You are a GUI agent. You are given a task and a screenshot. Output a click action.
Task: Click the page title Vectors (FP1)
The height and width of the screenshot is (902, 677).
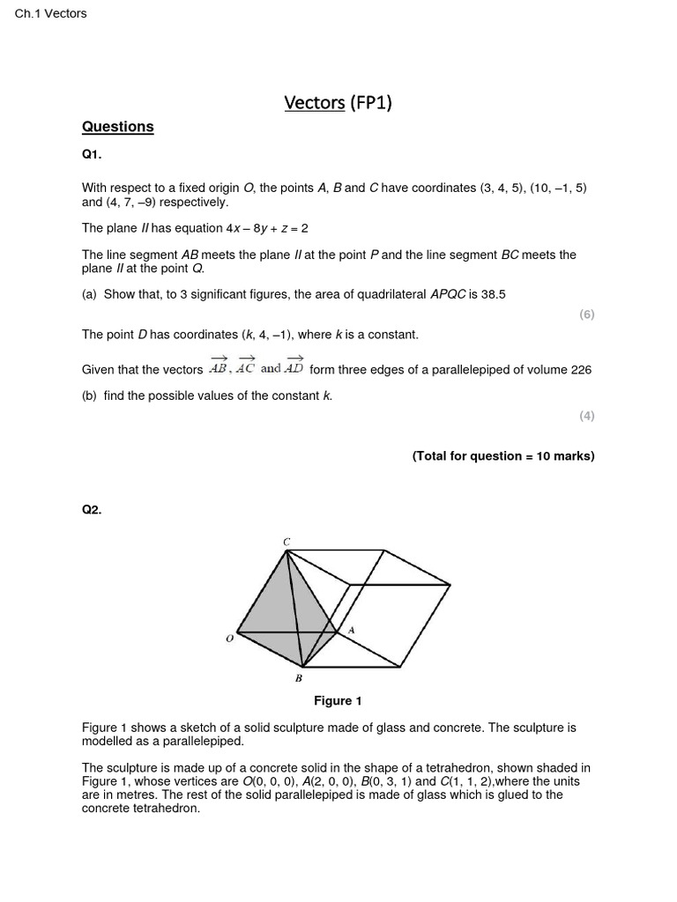point(338,103)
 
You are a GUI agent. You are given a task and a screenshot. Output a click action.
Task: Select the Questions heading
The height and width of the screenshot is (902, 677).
point(117,127)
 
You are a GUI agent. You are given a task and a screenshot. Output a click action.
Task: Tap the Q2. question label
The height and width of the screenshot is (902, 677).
point(92,509)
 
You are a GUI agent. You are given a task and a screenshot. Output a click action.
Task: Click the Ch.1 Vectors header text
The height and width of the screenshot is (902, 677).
point(51,13)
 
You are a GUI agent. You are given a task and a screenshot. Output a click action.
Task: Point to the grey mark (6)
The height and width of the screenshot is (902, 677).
point(587,314)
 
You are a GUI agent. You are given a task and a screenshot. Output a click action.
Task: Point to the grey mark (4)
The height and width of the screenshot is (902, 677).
point(587,416)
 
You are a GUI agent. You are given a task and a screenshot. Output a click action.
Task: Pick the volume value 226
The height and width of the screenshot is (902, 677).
point(581,370)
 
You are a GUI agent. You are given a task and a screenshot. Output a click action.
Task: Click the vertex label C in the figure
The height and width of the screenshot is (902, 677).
point(286,541)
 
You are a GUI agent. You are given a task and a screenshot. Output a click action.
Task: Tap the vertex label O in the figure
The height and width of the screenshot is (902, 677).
point(229,638)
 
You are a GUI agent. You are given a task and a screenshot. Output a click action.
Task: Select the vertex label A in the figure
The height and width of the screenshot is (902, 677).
point(351,630)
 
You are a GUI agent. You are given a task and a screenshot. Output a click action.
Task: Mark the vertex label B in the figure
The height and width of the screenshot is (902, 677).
point(299,678)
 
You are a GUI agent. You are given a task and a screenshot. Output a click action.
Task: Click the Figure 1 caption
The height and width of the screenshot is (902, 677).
point(338,701)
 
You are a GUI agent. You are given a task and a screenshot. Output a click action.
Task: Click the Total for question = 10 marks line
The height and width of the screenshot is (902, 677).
point(503,456)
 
